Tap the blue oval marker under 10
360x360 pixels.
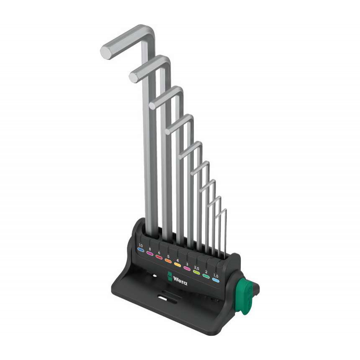[141, 250]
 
